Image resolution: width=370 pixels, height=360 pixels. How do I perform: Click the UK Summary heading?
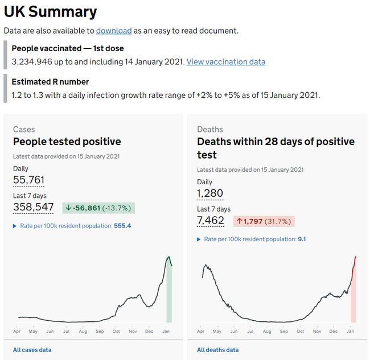click(51, 11)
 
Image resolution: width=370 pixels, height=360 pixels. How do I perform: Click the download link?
click(114, 31)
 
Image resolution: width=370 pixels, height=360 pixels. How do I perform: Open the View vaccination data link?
click(226, 61)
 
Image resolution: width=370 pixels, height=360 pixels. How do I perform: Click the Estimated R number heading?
click(50, 82)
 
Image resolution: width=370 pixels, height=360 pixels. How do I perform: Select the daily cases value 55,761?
click(28, 180)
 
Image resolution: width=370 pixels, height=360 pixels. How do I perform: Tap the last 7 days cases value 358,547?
click(33, 207)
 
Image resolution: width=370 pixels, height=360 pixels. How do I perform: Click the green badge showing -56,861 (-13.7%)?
click(98, 208)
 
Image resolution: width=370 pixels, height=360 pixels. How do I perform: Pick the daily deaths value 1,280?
click(210, 193)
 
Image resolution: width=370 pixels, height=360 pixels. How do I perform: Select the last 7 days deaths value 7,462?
click(210, 221)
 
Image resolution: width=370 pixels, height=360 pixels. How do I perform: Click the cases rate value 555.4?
click(122, 226)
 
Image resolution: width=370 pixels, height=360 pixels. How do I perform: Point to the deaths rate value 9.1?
click(302, 239)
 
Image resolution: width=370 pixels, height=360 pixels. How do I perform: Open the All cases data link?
click(32, 350)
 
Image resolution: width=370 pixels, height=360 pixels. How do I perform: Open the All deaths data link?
click(218, 350)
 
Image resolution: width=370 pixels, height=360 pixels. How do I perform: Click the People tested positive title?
click(67, 142)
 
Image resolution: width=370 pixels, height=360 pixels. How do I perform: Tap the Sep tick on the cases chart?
click(100, 331)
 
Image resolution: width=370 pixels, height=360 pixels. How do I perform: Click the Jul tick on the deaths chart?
click(250, 331)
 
